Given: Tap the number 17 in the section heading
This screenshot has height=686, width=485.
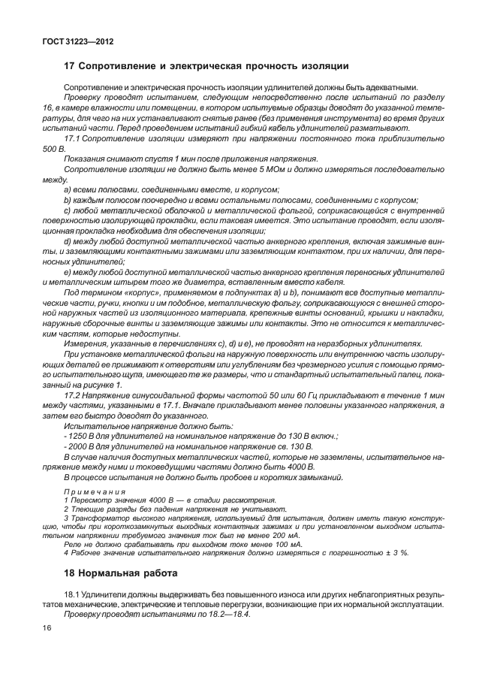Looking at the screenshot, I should click(70, 67).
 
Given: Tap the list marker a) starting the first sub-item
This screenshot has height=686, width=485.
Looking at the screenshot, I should click(68, 191).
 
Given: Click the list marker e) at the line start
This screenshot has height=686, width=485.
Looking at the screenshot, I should click(68, 270).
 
